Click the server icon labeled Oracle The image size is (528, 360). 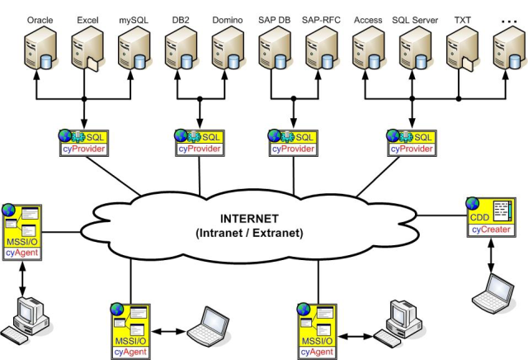click(x=39, y=51)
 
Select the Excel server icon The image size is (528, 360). click(x=86, y=51)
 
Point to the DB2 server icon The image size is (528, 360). click(x=180, y=51)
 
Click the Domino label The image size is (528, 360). click(x=227, y=18)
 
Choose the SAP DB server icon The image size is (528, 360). click(x=274, y=51)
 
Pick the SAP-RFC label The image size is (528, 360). click(x=321, y=18)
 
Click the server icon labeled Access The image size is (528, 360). click(x=368, y=51)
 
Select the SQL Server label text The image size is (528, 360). click(x=414, y=18)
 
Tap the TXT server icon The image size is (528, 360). click(x=462, y=51)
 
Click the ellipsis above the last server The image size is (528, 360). click(x=508, y=18)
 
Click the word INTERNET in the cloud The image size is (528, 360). click(x=250, y=219)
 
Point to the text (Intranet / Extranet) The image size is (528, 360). click(x=250, y=233)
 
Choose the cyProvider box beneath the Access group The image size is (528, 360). click(x=412, y=141)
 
